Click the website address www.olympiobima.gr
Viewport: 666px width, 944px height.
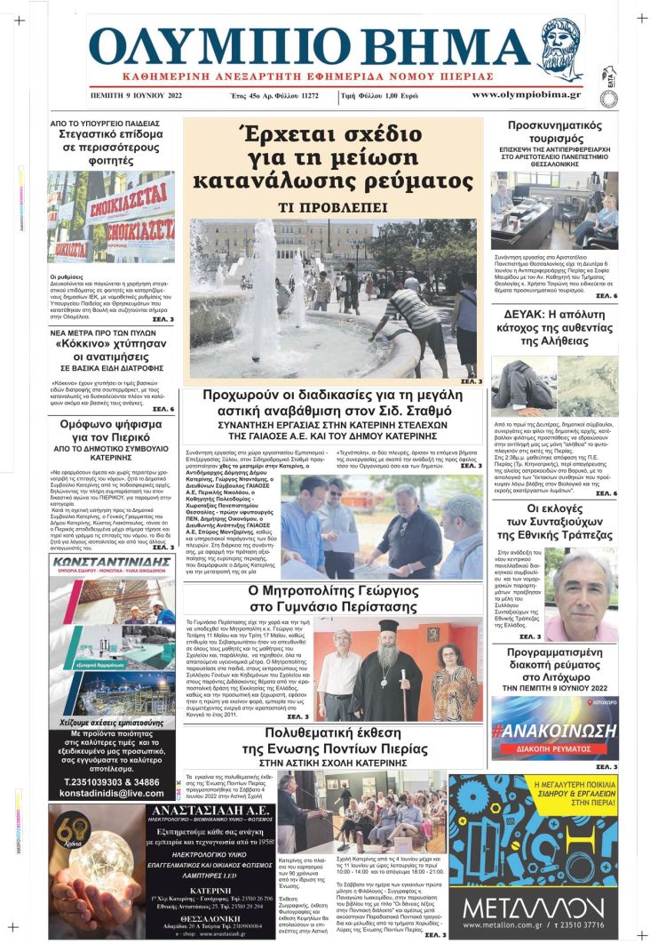[526, 94]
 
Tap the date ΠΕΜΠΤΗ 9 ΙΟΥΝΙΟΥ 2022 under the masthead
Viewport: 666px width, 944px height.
[136, 94]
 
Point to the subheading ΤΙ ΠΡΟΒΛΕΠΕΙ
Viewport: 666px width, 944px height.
[334, 206]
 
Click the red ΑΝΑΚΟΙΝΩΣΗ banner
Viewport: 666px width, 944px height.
[555, 731]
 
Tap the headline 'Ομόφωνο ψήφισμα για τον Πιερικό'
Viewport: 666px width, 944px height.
[112, 432]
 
